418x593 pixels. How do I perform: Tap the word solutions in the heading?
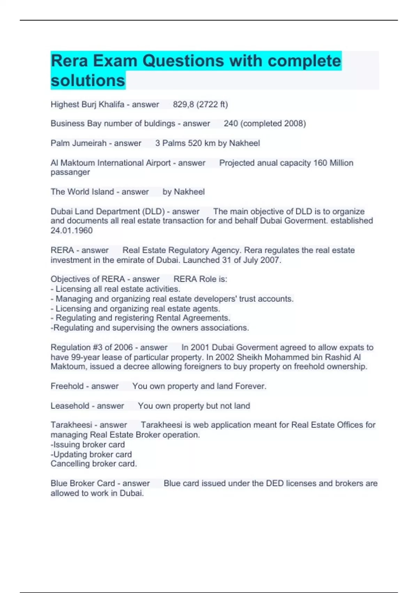pyautogui.click(x=88, y=81)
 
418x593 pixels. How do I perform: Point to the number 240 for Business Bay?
pyautogui.click(x=231, y=123)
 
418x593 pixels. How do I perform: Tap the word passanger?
pyautogui.click(x=70, y=172)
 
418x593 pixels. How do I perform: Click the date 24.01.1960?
pyautogui.click(x=71, y=231)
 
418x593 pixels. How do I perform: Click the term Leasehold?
pyautogui.click(x=70, y=406)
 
